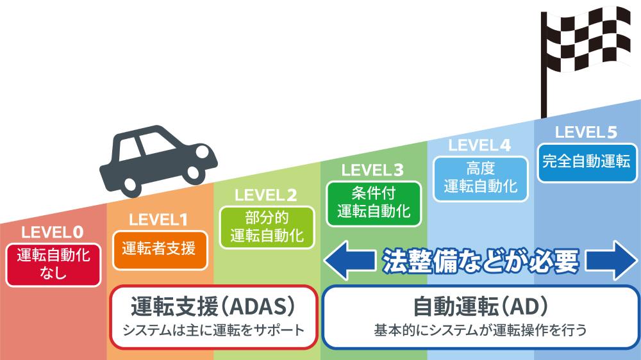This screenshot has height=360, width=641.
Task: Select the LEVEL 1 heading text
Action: click(158, 220)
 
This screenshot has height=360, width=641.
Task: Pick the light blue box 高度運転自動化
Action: click(480, 178)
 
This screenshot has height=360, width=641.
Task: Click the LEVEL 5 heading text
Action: click(586, 132)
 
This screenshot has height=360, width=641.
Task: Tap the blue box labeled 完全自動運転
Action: click(586, 161)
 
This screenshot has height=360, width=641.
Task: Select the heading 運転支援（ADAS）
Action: click(213, 307)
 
